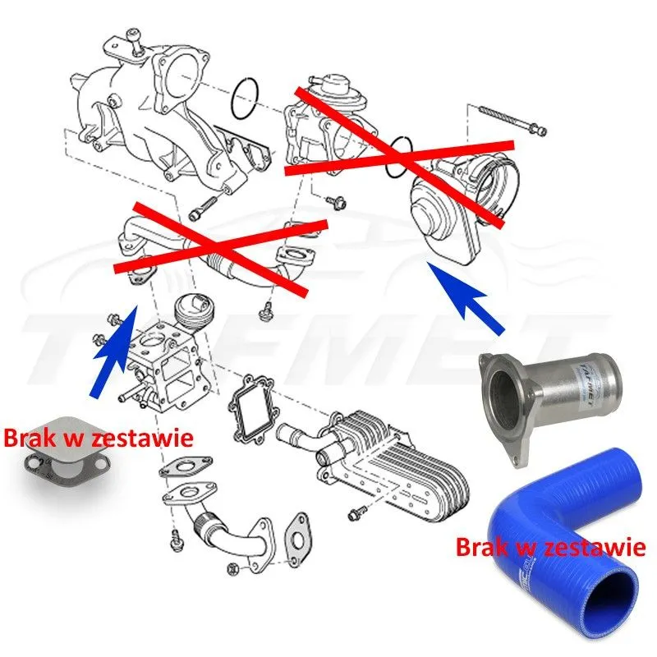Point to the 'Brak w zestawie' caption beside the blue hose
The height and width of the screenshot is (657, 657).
pos(550,545)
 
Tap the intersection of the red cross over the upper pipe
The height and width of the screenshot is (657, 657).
pos(217,246)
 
